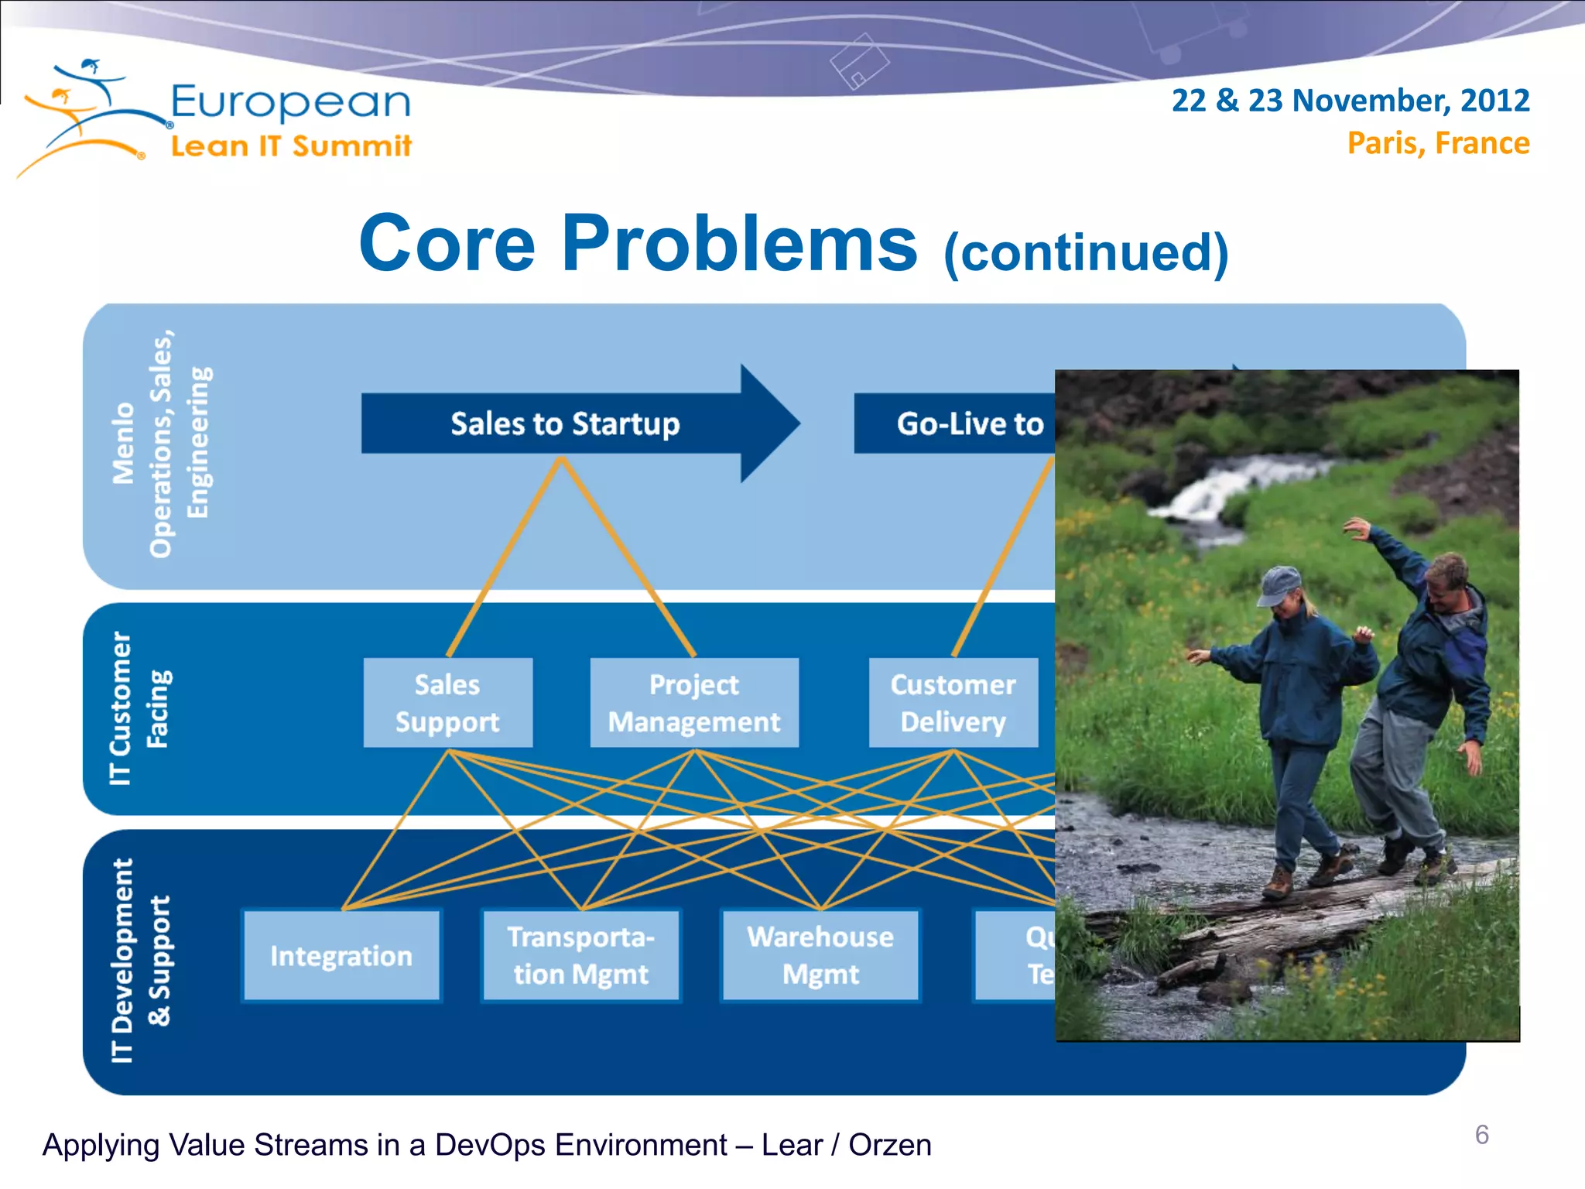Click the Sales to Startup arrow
(x=566, y=423)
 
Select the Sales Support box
(x=447, y=703)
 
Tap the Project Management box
(x=693, y=703)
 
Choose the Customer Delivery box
(x=953, y=703)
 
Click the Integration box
(x=341, y=956)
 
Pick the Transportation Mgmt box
(x=580, y=956)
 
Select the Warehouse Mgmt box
(x=820, y=956)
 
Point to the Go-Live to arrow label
(x=969, y=423)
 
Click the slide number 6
(x=1481, y=1135)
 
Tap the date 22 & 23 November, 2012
(x=1350, y=101)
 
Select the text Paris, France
(x=1438, y=143)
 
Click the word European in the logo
(x=290, y=102)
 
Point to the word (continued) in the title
(x=1085, y=252)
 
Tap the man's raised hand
(x=1358, y=530)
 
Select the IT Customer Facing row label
(x=139, y=708)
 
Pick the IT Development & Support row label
(x=139, y=960)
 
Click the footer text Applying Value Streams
(x=487, y=1145)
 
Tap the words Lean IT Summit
(x=290, y=146)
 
